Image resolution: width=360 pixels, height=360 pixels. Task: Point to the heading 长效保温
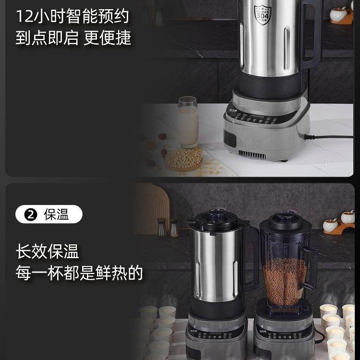tap(47, 251)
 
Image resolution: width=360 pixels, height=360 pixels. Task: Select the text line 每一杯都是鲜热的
tap(79, 273)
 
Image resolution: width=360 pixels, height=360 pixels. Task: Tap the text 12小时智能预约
tap(72, 16)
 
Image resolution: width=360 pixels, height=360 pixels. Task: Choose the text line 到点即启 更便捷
tap(73, 38)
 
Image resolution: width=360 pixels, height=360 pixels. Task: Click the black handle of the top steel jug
tap(312, 34)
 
